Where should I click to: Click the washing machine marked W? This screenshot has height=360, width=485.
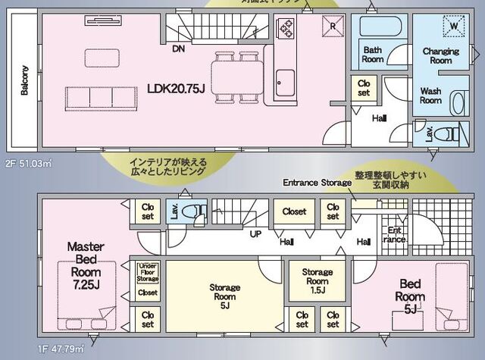tap(453, 25)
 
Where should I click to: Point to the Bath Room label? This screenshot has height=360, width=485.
tap(372, 54)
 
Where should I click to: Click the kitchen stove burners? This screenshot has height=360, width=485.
tap(289, 29)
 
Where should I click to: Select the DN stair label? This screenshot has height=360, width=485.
tap(177, 49)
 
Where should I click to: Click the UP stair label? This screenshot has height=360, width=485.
tap(255, 234)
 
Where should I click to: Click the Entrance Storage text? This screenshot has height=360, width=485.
tap(316, 183)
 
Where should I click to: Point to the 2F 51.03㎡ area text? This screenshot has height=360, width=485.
tap(27, 162)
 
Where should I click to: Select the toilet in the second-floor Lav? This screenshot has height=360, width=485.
tap(452, 134)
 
